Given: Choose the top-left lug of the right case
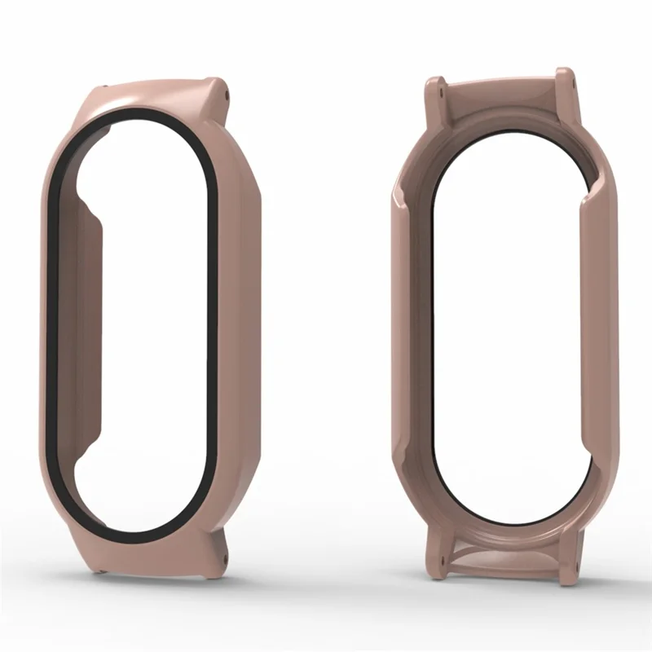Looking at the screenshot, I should (435, 94).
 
